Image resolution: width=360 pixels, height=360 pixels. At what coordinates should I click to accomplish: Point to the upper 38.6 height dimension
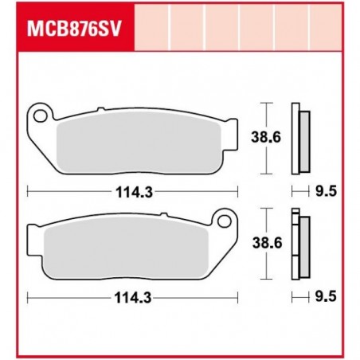coord(276,137)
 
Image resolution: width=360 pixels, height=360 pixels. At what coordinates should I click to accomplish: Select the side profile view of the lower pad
coord(299,245)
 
